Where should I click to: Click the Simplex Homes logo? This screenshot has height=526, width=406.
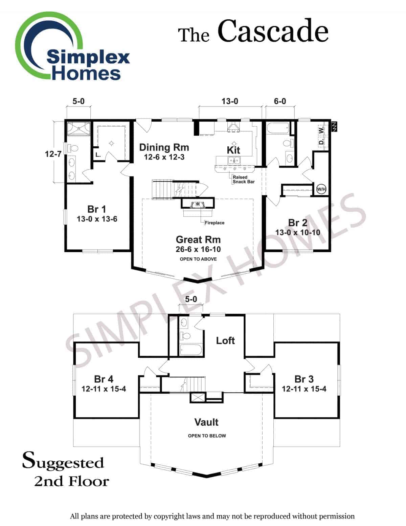pyautogui.click(x=73, y=47)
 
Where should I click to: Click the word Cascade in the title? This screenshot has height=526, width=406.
pyautogui.click(x=273, y=31)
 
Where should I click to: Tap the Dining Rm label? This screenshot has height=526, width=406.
pyautogui.click(x=164, y=147)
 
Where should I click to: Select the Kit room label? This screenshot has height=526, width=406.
pyautogui.click(x=233, y=150)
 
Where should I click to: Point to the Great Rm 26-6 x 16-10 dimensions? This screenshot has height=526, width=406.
pyautogui.click(x=198, y=250)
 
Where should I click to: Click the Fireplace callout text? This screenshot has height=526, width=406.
pyautogui.click(x=214, y=223)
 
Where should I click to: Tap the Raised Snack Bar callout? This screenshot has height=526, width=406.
pyautogui.click(x=243, y=180)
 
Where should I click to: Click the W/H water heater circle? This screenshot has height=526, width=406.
pyautogui.click(x=321, y=189)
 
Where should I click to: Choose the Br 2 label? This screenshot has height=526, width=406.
pyautogui.click(x=298, y=223)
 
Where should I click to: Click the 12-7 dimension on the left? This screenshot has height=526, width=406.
pyautogui.click(x=53, y=154)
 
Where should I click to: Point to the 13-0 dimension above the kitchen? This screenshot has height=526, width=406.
pyautogui.click(x=230, y=101)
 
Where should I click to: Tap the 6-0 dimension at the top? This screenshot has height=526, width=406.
pyautogui.click(x=280, y=101)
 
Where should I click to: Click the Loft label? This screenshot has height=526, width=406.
pyautogui.click(x=225, y=340)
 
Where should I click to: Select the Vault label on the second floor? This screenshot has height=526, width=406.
pyautogui.click(x=206, y=422)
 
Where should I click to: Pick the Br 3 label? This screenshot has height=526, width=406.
pyautogui.click(x=304, y=379)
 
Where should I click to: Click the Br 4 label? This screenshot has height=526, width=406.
pyautogui.click(x=104, y=379)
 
